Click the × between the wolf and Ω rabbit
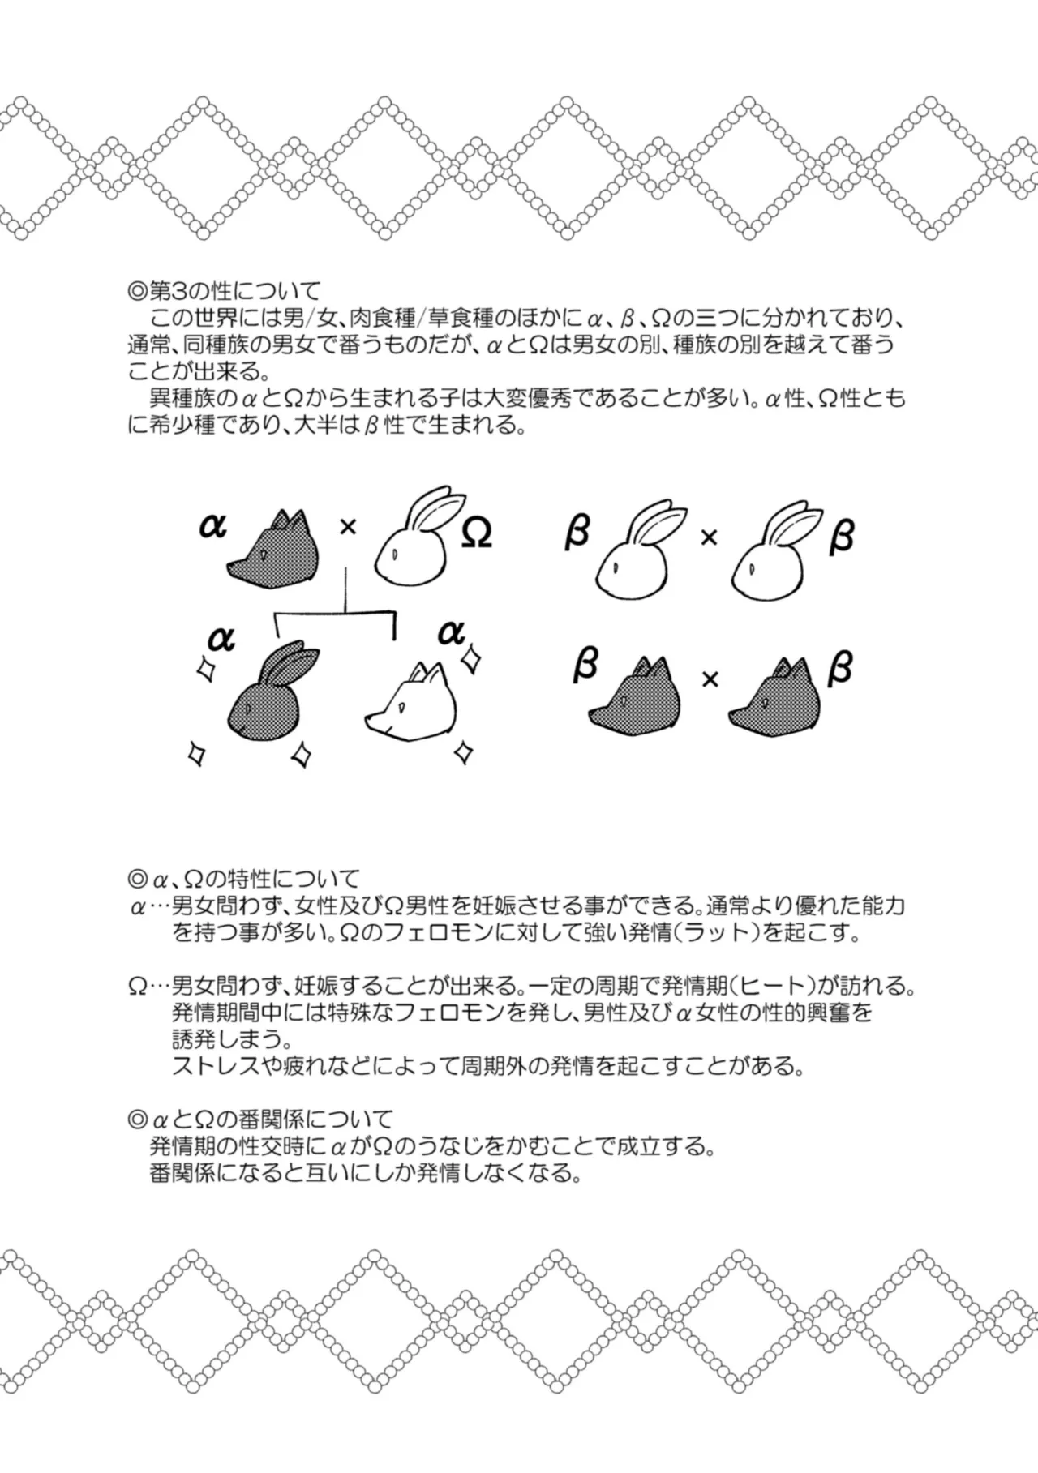(348, 527)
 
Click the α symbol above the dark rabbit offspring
(221, 639)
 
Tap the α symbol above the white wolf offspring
(452, 631)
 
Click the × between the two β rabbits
(709, 536)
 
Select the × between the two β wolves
(710, 679)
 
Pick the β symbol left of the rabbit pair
(577, 532)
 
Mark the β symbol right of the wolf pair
(841, 670)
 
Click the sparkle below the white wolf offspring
(464, 751)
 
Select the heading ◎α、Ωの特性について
(243, 879)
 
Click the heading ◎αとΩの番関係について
(260, 1120)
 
